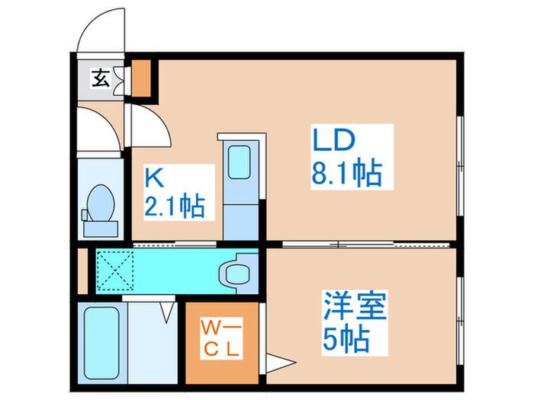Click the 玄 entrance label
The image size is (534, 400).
[101, 78]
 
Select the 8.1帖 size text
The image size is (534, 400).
[346, 174]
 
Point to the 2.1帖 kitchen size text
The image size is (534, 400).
[175, 206]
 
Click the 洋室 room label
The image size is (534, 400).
[355, 305]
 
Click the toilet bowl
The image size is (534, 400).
[100, 203]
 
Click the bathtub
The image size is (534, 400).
[101, 344]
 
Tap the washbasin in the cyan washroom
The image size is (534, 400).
[235, 273]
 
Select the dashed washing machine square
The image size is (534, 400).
[114, 270]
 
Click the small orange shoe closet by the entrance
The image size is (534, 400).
[141, 78]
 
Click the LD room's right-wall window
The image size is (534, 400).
[460, 165]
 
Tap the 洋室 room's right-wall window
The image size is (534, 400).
[460, 321]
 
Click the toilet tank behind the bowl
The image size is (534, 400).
[101, 229]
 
